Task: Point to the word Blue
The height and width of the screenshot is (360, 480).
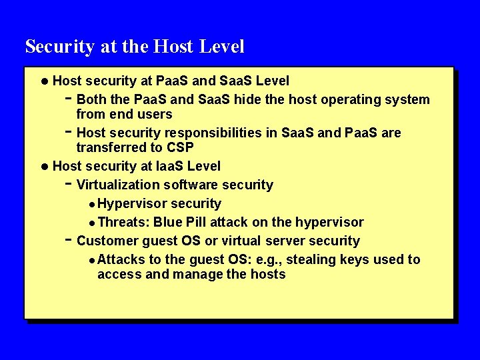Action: (171, 222)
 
